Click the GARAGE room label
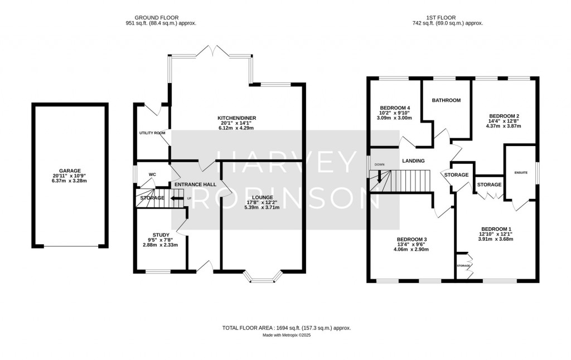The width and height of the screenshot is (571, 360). pyautogui.click(x=70, y=171)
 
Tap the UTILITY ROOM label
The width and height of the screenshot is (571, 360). pyautogui.click(x=152, y=133)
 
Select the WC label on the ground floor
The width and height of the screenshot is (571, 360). pyautogui.click(x=152, y=174)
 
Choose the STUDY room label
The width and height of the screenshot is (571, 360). pyautogui.click(x=161, y=235)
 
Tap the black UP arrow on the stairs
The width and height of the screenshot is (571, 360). pyautogui.click(x=177, y=198)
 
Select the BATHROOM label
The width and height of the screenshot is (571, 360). pyautogui.click(x=446, y=100)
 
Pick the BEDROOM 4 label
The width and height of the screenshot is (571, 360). pyautogui.click(x=394, y=108)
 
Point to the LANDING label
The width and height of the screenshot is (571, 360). pyautogui.click(x=413, y=161)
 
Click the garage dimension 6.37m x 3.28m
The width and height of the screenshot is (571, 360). pyautogui.click(x=70, y=181)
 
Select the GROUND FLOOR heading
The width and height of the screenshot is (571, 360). pyautogui.click(x=161, y=17)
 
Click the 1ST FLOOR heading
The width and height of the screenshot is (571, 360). pyautogui.click(x=447, y=17)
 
